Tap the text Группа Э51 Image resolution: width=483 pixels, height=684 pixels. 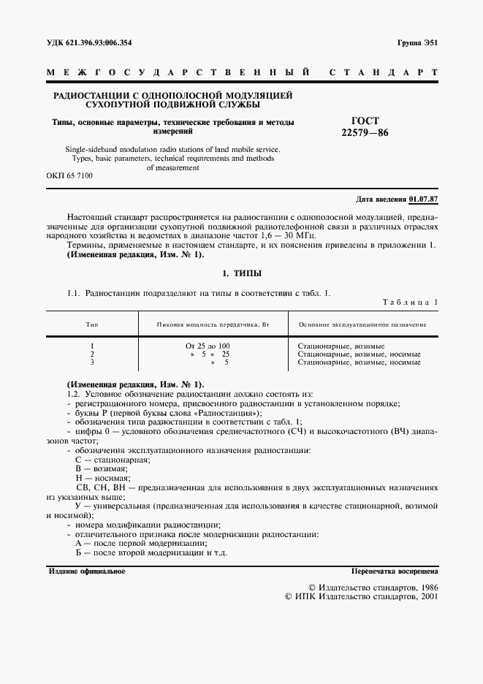pos(417,43)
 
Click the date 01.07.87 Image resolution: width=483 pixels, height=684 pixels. pos(423,198)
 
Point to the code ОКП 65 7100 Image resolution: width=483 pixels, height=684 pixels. pos(69,176)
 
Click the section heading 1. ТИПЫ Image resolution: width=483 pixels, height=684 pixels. pos(241,273)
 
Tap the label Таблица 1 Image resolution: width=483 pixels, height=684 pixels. pos(410,302)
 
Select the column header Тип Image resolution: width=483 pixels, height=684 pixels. pos(92,324)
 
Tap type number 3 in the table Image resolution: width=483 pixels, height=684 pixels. pos(92,362)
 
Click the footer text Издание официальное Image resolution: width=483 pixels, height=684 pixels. pos(87,571)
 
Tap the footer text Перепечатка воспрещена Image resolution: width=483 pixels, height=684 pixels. pos(394,571)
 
